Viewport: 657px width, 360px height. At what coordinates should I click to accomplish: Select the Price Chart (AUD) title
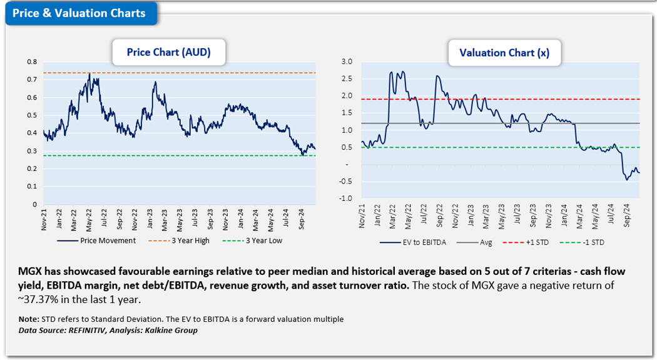pos(168,53)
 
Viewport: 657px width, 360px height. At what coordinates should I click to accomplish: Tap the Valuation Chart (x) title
pos(504,53)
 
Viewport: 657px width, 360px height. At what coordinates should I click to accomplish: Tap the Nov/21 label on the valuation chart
pos(363,216)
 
